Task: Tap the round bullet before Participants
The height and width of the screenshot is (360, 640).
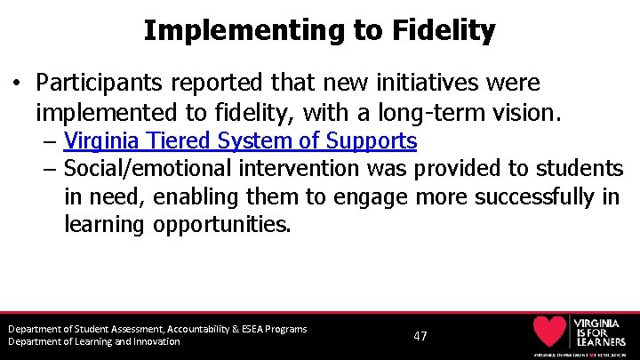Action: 17,84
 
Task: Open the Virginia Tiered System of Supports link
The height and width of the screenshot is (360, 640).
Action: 240,140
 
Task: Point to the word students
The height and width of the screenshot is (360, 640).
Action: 574,168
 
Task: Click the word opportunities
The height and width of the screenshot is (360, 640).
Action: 221,225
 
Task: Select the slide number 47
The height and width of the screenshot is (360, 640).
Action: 420,336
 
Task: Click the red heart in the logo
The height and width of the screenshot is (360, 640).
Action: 550,332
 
